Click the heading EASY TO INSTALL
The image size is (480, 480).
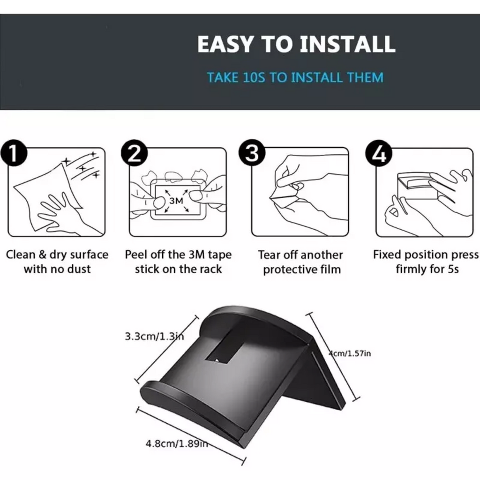click(x=296, y=44)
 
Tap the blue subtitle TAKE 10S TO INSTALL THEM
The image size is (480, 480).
click(x=295, y=77)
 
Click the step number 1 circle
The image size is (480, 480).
click(x=14, y=153)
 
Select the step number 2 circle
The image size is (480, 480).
click(x=134, y=153)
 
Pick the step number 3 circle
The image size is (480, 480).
click(x=252, y=153)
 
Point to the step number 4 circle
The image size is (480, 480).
click(x=379, y=153)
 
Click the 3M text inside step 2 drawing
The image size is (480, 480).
click(x=176, y=201)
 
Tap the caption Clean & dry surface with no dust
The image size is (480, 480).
click(x=57, y=262)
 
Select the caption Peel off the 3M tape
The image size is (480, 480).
click(x=178, y=255)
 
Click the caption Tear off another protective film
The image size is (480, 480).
click(x=300, y=262)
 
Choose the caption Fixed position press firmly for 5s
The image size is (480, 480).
click(x=426, y=262)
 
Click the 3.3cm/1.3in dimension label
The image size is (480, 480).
click(x=154, y=337)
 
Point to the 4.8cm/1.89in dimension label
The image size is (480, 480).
click(x=177, y=443)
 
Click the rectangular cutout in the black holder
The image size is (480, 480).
click(x=225, y=348)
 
